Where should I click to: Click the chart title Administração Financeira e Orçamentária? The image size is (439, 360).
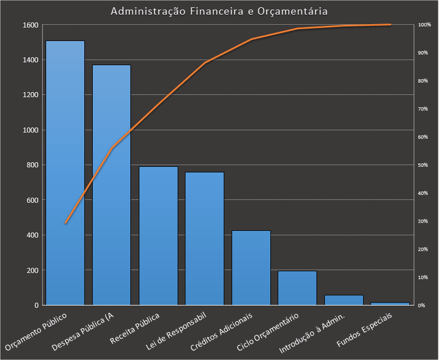point(219,11)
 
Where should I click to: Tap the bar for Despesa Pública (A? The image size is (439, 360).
point(112,185)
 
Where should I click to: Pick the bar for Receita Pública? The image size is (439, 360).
point(159,236)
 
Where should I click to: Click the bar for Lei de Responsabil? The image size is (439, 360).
point(205,239)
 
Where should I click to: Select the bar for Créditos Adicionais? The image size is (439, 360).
point(251,268)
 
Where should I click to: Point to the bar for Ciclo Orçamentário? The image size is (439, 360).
point(297,288)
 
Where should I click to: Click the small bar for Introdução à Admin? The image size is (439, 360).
point(344,300)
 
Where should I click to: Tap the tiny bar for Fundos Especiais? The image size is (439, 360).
point(390,303)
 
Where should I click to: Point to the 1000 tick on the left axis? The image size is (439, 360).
point(31,130)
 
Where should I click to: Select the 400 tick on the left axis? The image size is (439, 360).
point(33,235)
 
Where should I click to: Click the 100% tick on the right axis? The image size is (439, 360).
point(424,25)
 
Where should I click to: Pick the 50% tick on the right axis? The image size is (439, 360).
point(423,165)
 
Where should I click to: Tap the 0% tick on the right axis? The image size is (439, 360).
point(422,305)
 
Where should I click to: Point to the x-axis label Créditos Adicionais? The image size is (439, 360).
point(222,331)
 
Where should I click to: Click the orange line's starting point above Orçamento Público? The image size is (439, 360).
point(65,223)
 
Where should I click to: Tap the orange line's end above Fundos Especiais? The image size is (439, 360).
point(390,25)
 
